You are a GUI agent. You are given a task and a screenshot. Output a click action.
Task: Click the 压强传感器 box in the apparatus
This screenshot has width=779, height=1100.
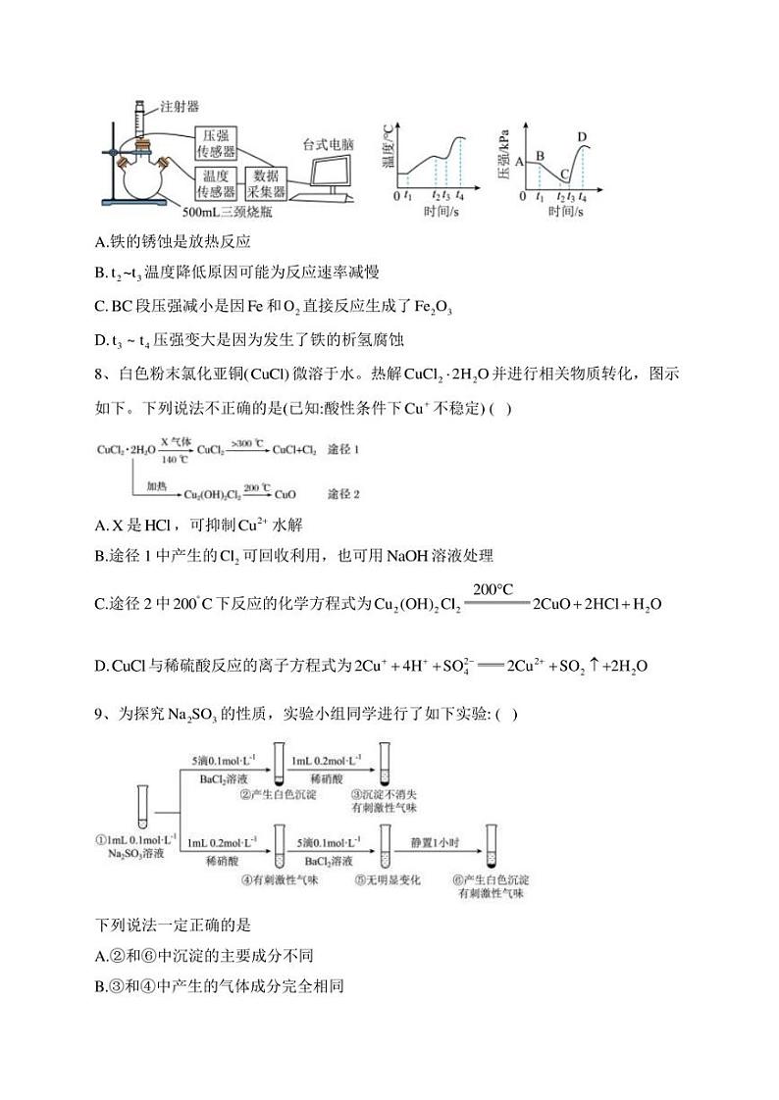pos(216,143)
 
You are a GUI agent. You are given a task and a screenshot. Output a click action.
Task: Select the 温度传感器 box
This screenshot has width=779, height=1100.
pos(216,183)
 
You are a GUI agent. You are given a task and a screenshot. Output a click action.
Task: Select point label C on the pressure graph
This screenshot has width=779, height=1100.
pos(563,175)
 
